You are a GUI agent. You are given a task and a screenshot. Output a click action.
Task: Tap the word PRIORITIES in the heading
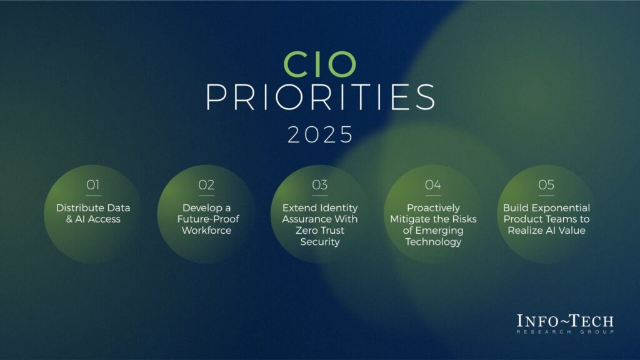coord(320,99)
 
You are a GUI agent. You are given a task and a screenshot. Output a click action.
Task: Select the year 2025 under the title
coord(320,134)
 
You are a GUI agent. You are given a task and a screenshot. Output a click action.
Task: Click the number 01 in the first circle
coord(93,185)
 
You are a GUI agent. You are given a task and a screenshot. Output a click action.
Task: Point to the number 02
coord(206,185)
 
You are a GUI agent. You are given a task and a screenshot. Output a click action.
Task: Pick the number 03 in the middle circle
coord(319,185)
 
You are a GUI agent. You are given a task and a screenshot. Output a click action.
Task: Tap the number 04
coord(432,185)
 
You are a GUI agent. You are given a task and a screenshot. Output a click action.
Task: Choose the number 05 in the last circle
coord(546,185)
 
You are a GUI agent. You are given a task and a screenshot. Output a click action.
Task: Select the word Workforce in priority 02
coord(206,231)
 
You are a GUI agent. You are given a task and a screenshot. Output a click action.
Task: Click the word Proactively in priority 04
coord(433,207)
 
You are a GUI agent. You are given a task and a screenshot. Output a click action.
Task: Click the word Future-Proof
coord(206,219)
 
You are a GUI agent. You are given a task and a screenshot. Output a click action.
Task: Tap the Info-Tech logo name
coord(565,321)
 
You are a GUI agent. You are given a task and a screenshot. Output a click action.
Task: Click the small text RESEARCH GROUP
coord(565,331)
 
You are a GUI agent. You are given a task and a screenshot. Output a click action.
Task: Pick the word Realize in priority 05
coord(532,231)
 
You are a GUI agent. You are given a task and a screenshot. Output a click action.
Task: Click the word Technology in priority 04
coord(433,242)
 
